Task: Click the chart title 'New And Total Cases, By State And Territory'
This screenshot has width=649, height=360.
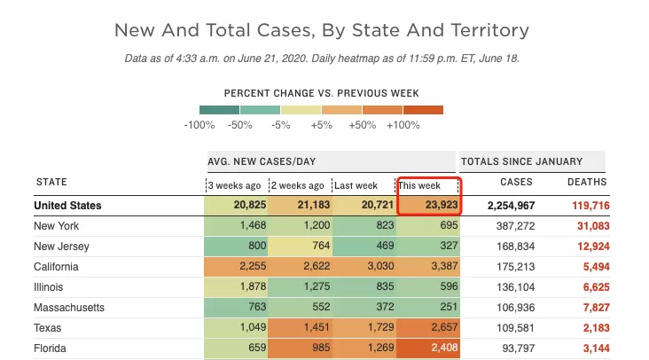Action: point(322,30)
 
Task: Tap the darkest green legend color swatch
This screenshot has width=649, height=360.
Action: point(219,110)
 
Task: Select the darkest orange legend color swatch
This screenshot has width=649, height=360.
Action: point(424,110)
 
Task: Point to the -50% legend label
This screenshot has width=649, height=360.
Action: point(240,125)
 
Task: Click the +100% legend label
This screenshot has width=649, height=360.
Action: point(403,125)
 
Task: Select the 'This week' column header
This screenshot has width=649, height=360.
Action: point(419,185)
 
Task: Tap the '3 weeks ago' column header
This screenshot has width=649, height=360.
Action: point(234,185)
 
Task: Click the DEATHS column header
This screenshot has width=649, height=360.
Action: point(587,182)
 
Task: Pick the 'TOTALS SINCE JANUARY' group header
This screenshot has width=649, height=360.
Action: point(522,161)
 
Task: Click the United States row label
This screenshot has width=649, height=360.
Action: point(67,206)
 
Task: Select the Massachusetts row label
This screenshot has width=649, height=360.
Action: point(69,308)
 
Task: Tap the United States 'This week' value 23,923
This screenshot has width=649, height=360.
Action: point(442,205)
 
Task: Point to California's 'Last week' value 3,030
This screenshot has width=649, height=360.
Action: point(380,266)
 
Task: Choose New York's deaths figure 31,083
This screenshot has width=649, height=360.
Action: point(593,226)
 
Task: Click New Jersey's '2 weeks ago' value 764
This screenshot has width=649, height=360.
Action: point(321,246)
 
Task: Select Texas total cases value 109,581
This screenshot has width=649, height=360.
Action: point(516,328)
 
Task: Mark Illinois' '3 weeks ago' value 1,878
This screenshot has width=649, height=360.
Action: point(253,286)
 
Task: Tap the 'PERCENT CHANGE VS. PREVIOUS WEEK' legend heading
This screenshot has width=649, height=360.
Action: point(322,93)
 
